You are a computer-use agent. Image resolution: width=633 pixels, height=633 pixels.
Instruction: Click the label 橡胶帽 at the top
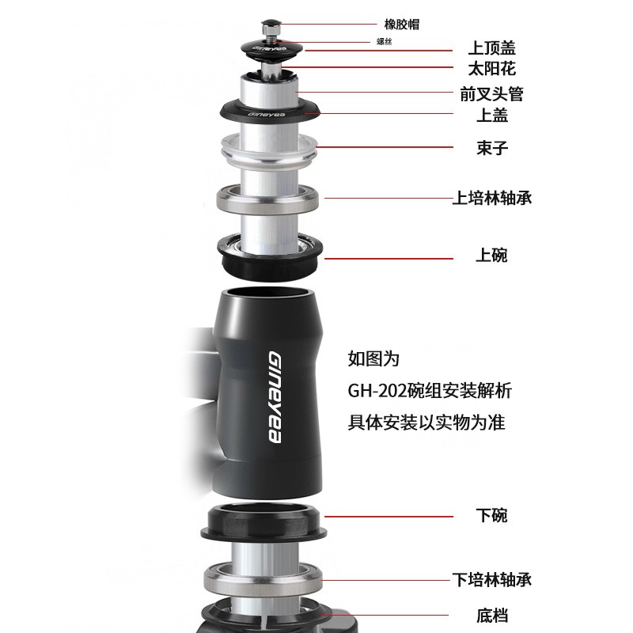coord(402,25)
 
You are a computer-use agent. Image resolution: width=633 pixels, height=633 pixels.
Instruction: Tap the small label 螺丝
coord(384,42)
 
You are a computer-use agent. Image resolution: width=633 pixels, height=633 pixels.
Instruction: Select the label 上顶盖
coord(491,48)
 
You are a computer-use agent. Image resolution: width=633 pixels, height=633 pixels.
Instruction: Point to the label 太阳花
coord(491,69)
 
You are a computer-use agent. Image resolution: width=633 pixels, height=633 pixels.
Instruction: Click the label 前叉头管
coord(491,94)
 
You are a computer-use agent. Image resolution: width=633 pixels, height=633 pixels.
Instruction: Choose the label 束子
coord(491,148)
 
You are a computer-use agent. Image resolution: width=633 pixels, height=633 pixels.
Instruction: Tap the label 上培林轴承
coord(491,199)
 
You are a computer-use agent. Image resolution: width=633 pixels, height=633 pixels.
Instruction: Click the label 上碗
coord(491,255)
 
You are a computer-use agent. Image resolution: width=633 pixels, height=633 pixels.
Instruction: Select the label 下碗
coord(491,516)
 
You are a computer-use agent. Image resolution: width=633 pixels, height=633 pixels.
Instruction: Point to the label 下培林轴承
coord(491,580)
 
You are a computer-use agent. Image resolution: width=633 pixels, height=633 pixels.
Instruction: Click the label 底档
coord(491,616)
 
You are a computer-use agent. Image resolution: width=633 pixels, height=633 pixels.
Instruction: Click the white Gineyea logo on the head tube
coord(275,396)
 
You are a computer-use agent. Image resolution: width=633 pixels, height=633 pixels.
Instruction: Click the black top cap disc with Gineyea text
coord(270,50)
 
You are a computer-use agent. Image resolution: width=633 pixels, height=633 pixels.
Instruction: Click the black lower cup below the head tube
coord(263,523)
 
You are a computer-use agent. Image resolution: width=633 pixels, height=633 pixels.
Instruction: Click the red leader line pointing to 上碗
coord(389,259)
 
